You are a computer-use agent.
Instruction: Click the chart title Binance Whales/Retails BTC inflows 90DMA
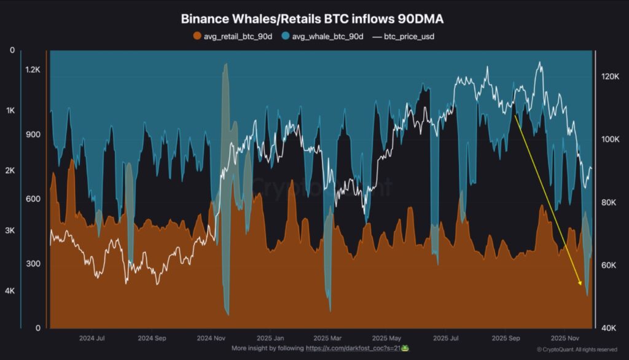(x=312, y=20)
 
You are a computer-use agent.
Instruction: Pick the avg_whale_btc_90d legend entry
(x=324, y=37)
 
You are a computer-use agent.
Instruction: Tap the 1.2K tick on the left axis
(x=33, y=69)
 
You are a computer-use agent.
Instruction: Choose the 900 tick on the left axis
(x=33, y=135)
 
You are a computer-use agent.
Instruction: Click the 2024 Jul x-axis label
(x=92, y=338)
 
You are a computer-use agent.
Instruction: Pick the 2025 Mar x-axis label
(x=328, y=338)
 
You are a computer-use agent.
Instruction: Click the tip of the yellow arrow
(x=580, y=286)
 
